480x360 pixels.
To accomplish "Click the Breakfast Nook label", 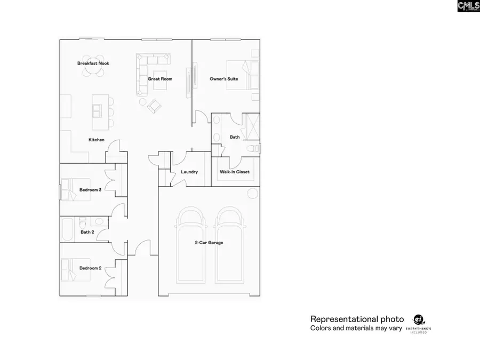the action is (x=93, y=63).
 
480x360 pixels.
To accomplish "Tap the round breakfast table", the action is (x=93, y=67).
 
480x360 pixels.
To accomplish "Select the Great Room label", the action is (x=160, y=79).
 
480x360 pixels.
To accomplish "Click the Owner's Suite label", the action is (x=224, y=79).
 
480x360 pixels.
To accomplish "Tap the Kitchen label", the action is (x=97, y=140).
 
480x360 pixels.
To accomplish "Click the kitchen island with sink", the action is (x=100, y=112).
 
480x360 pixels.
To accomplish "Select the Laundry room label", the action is (x=189, y=172).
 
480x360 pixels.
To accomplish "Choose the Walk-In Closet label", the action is (x=235, y=172).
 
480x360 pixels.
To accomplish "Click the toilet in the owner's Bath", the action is (x=253, y=149).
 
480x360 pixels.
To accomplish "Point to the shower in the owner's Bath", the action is (x=251, y=126).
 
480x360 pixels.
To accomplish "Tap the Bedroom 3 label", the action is (x=90, y=190).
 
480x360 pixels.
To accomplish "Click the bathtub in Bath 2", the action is (x=67, y=229).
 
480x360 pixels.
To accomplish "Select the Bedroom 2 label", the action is (x=90, y=268).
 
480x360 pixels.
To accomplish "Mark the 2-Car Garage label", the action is (x=209, y=243).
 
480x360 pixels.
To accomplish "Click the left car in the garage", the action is (x=191, y=245).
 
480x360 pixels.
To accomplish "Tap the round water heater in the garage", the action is (x=253, y=194).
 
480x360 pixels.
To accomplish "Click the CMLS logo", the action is (x=468, y=6).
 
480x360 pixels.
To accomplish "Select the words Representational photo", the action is (x=357, y=319).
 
